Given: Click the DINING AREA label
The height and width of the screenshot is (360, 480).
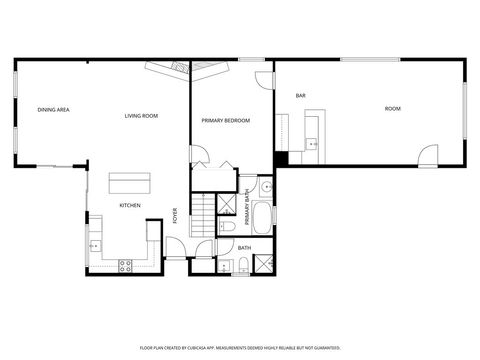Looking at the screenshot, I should coord(53,109).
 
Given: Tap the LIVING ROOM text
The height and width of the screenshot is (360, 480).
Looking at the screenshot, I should coord(141,116).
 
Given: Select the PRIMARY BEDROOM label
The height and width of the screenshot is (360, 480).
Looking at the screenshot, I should coord(225,120).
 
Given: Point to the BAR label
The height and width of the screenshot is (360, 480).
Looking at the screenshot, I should coord(300,95).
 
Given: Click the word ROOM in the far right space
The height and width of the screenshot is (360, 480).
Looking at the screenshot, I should coord(392,107).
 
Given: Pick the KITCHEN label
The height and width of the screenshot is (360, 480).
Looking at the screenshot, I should coord(130,205).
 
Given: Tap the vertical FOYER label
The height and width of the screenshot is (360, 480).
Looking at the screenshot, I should coord(175,215).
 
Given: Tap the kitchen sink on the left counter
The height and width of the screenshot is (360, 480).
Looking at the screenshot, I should coord(95,243).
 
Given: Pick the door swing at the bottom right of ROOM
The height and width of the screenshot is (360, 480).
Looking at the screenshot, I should coord(429,156).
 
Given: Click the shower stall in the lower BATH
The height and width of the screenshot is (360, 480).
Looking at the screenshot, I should coord(264,264).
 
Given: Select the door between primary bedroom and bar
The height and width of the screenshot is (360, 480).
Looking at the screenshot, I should coord(263,81).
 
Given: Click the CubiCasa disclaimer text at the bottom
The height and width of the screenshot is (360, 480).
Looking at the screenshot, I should coord(239,347).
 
